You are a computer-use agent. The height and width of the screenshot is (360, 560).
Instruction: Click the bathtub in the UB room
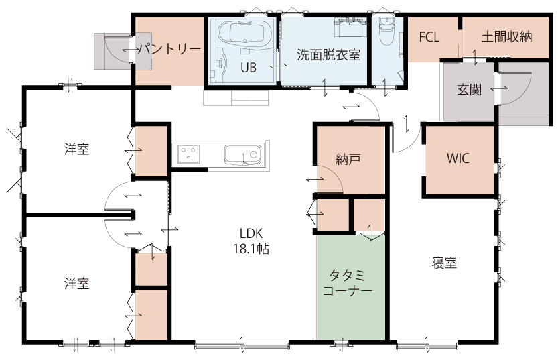coord(244,34)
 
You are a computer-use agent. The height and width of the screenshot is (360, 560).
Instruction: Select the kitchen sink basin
coord(242,155)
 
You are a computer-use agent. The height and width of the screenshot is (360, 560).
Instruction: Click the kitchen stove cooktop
coord(188,154)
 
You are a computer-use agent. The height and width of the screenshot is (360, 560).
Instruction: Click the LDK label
coord(251,233)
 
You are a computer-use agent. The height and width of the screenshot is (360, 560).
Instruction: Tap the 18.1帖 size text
coord(251,249)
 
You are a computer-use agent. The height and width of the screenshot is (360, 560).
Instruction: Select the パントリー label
coord(169,49)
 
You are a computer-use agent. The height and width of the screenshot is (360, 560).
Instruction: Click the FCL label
coord(429,37)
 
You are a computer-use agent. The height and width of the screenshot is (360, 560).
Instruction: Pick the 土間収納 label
coord(507,37)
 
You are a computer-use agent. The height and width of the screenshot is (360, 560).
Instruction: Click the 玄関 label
coord(470,89)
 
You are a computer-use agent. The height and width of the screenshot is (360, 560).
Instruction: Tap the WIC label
coord(458,158)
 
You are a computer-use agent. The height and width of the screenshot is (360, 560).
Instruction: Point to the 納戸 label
coord(348,160)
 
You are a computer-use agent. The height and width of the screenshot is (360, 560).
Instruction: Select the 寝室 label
coord(444,263)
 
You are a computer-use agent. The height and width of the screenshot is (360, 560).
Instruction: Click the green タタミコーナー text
coord(348,283)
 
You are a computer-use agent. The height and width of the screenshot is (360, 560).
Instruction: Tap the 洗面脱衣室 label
coord(329,55)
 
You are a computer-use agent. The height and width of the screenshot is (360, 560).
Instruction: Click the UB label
coord(249,68)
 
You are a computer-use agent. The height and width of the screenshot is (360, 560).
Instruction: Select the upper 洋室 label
coord(77,149)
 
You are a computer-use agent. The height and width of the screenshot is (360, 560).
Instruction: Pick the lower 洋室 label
coord(77,284)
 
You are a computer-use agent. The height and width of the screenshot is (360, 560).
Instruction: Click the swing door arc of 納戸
coord(336,174)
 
